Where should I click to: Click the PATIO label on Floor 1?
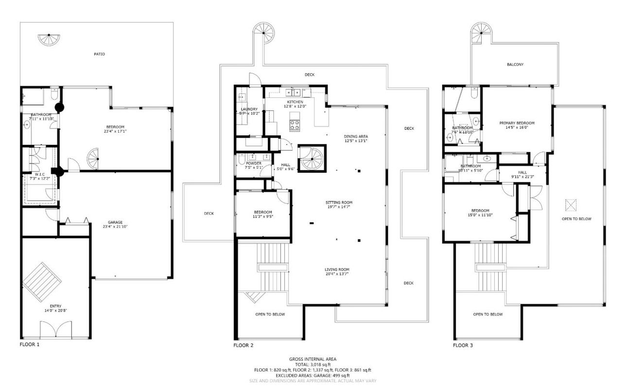click(x=99, y=54)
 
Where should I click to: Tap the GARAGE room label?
click(x=115, y=222)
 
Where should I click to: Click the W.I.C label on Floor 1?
click(x=40, y=174)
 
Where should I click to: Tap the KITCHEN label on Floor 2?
click(x=295, y=102)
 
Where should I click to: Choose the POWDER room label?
click(x=253, y=163)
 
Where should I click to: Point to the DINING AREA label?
click(x=356, y=137)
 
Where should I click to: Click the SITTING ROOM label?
click(x=339, y=202)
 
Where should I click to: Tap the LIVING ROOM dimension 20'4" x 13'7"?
click(x=337, y=274)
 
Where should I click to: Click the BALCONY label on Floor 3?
click(x=515, y=64)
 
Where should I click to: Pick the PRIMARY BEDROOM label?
click(x=517, y=123)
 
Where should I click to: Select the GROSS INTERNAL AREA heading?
click(x=313, y=359)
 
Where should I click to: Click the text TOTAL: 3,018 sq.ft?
click(x=313, y=364)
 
